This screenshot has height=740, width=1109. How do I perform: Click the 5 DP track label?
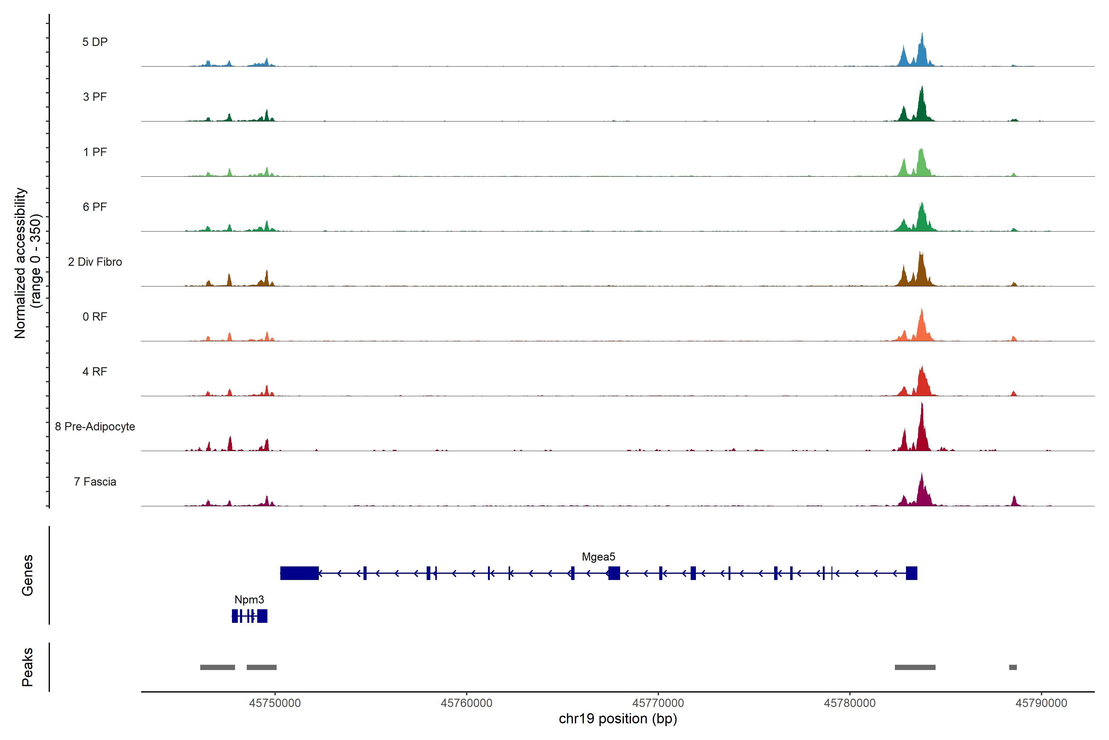[95, 42]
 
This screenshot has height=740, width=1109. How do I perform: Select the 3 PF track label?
[95, 97]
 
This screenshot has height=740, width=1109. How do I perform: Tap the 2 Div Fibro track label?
[95, 262]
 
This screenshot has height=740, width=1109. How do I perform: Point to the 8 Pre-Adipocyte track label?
[95, 427]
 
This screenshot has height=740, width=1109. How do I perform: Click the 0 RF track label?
[95, 317]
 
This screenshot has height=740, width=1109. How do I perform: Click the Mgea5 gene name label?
[598, 557]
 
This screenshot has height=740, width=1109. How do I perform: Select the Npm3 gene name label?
[249, 599]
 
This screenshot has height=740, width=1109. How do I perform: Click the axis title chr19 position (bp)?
[618, 719]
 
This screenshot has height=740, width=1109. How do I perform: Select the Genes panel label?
[27, 575]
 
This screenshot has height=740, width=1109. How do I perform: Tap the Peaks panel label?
[27, 667]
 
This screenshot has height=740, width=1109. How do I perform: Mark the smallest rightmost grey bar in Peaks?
[1013, 667]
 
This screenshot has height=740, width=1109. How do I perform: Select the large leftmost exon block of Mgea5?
[299, 573]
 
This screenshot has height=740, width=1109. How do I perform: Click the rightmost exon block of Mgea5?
[912, 573]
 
